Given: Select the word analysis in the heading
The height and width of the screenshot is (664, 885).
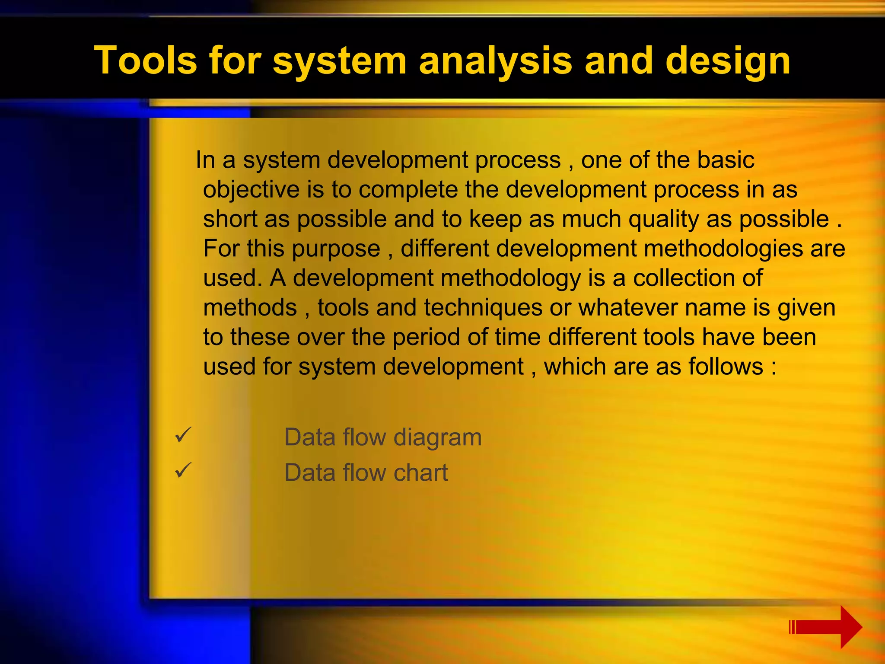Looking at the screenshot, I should pos(495,61).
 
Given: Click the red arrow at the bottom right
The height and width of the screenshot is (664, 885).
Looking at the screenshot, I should pos(825,627).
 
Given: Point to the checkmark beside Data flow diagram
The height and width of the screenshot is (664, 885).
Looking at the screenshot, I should pos(183,434).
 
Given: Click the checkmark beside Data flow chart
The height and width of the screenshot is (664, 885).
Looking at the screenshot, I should pos(183,469).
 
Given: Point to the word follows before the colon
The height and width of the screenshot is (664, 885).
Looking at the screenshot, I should pos(726,367).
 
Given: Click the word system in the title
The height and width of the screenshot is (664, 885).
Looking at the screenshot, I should pos(339,61).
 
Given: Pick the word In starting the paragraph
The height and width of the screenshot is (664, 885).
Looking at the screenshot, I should pos(205,160).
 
